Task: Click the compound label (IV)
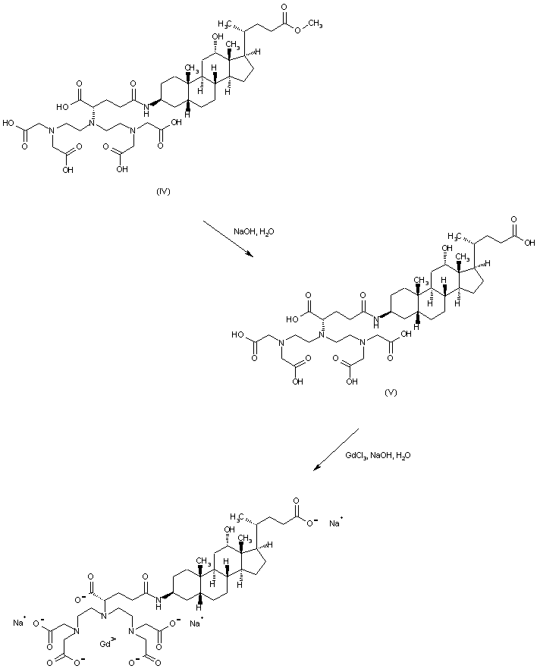click(163, 191)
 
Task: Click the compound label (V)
click(391, 393)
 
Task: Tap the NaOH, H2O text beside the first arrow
click(248, 231)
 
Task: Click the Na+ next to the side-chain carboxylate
click(335, 523)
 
